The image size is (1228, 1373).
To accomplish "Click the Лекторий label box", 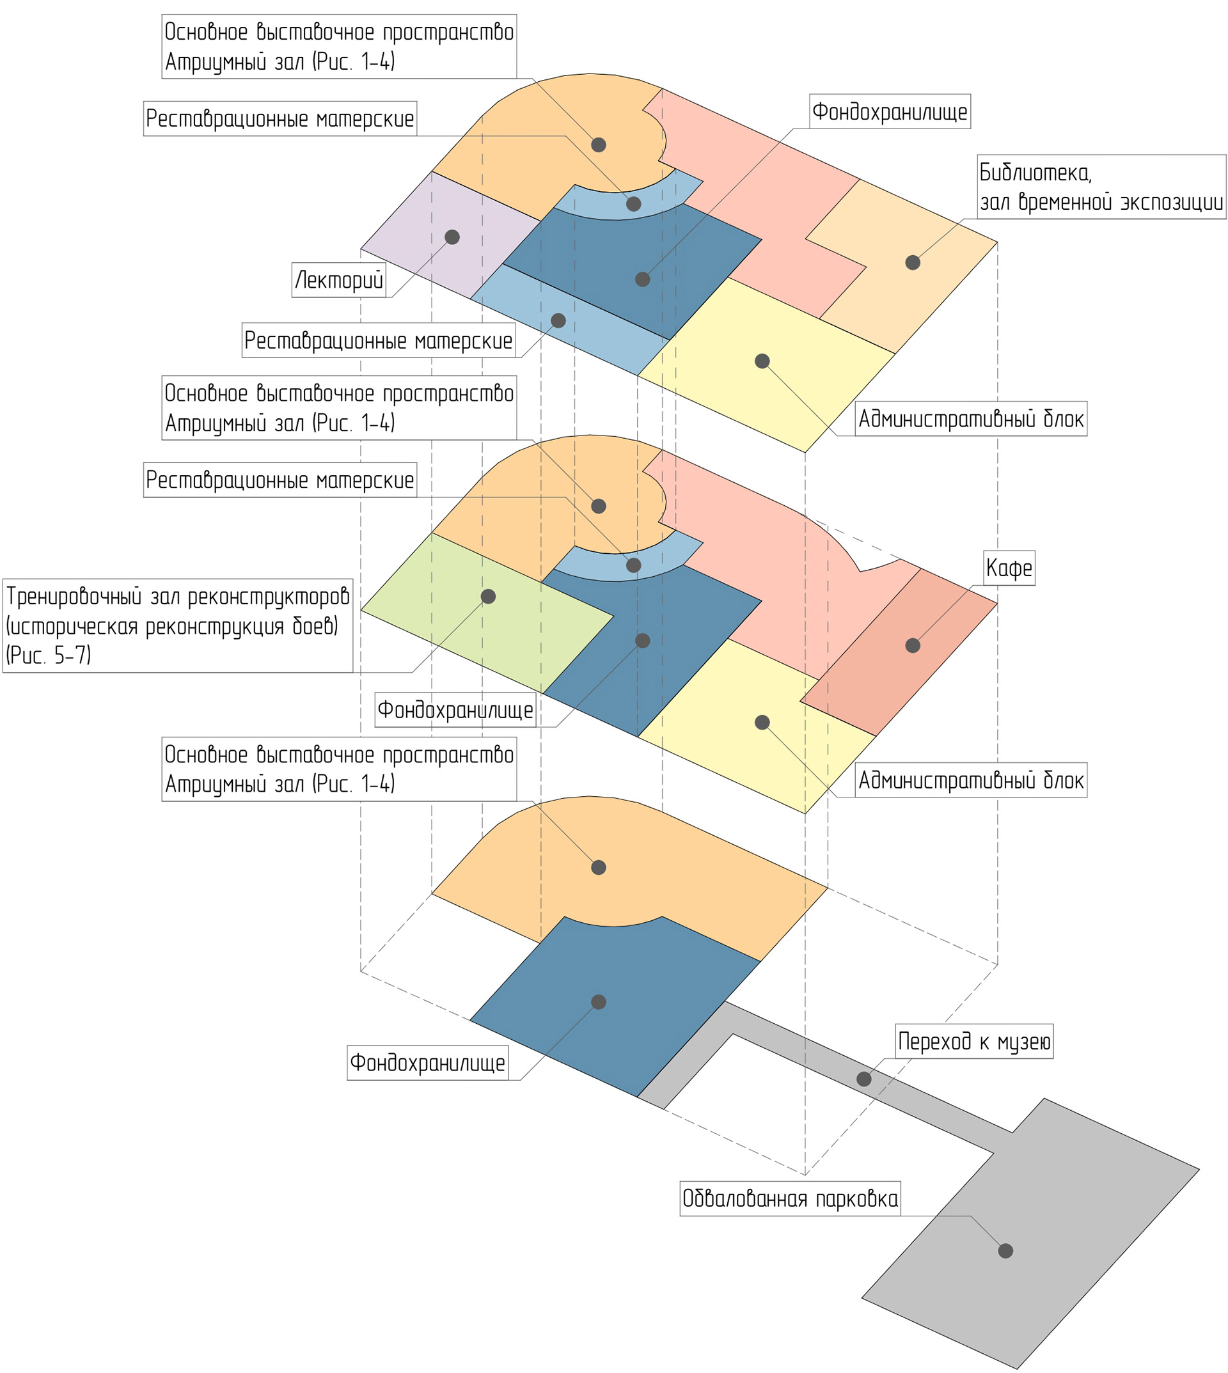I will coord(340,280).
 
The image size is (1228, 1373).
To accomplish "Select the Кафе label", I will coord(1009,568).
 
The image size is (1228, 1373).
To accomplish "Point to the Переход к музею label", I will coord(973,1042).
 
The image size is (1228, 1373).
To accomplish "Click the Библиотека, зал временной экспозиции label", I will coord(1101,187).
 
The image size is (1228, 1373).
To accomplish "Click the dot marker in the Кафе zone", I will coord(912,646).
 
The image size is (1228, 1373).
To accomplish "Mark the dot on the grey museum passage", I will coord(863,1079).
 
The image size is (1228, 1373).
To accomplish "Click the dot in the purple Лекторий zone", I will coord(452,237).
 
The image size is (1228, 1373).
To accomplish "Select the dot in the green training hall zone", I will coord(488,597).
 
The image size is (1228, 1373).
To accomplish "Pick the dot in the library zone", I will coord(912,262).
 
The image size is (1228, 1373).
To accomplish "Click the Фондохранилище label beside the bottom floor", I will coord(427,1063).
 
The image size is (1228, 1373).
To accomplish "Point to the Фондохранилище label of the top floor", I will coord(889,111).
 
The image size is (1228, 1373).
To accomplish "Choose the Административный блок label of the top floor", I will coord(970,419).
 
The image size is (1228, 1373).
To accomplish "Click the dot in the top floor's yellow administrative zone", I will coord(762,361).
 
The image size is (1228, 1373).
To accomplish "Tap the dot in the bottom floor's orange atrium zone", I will coord(599,867).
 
